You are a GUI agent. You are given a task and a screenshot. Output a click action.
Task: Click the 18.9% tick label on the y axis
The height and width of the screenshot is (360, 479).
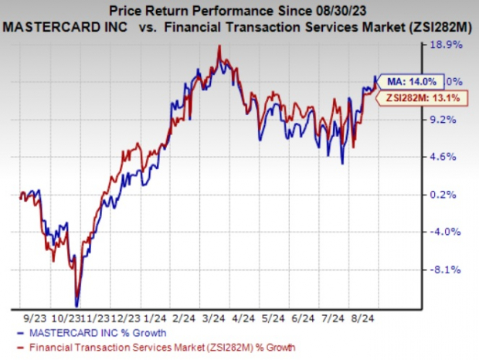click(x=450, y=45)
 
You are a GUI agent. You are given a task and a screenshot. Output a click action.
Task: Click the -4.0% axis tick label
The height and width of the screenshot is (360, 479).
click(x=449, y=232)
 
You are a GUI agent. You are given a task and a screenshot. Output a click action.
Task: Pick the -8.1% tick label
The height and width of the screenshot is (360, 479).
click(x=449, y=270)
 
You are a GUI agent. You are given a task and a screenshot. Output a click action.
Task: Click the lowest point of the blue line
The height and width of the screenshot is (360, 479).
click(x=76, y=306)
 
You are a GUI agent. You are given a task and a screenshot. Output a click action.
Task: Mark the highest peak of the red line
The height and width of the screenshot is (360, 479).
click(x=220, y=46)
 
